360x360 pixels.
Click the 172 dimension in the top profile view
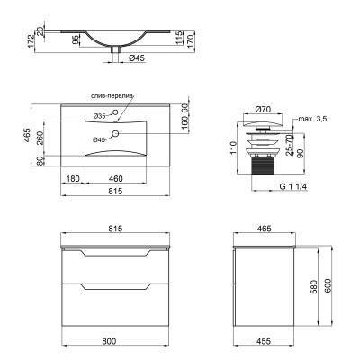31,40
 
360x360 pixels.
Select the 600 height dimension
330,288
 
